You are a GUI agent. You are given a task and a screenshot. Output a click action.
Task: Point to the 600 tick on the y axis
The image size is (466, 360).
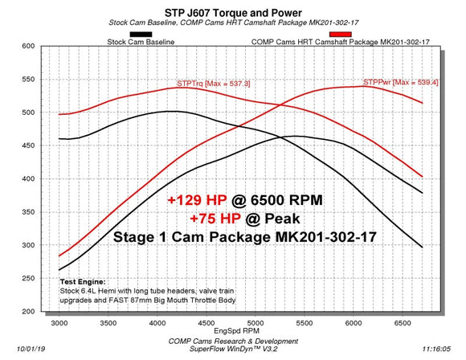32,47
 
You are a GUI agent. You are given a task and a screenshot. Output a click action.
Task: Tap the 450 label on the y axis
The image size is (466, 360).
32,145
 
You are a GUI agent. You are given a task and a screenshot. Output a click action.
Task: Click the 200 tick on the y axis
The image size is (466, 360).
32,311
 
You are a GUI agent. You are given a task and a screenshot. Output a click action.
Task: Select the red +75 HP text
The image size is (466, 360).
215,219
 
